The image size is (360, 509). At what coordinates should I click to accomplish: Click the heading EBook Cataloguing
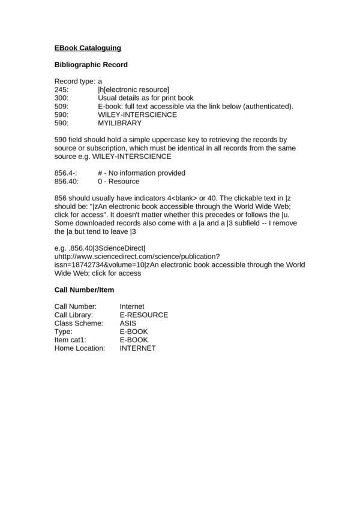coord(88,47)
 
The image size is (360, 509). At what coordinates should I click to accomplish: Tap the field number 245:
coord(62,89)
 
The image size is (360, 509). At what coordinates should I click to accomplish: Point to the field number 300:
coord(62,98)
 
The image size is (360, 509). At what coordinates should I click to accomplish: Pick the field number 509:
coord(62,106)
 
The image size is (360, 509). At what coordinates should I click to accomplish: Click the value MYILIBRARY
coord(119,123)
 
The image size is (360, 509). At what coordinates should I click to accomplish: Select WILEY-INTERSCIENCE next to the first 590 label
coord(137,115)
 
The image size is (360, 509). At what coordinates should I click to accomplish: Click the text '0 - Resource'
coord(118,181)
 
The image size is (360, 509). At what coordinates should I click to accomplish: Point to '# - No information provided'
coord(141,173)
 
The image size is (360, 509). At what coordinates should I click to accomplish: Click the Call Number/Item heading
coord(84,290)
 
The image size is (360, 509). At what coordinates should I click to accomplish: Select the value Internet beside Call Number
coord(132,306)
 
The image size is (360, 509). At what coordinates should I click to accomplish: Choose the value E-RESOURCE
coord(143,315)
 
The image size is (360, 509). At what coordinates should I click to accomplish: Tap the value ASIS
coord(128,323)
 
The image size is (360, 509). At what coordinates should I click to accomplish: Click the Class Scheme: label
coord(79,323)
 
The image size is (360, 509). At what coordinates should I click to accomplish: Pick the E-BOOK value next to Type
coord(134,331)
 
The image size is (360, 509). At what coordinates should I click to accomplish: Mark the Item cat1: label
coord(72,339)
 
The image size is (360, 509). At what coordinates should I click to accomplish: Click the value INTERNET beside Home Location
coord(137,348)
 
